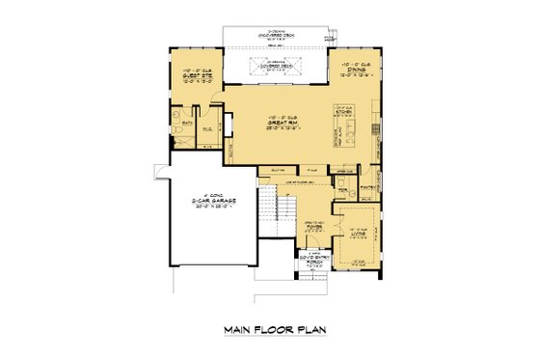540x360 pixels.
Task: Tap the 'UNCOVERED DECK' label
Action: coord(278,36)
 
